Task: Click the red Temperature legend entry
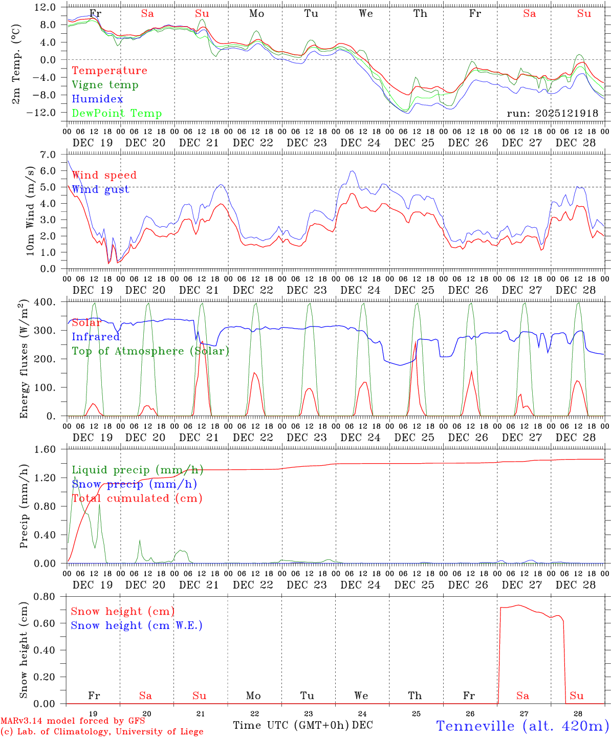point(110,71)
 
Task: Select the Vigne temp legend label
point(105,85)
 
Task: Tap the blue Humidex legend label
point(97,99)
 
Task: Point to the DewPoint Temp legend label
point(117,114)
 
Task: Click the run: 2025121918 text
point(552,114)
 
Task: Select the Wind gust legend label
point(100,189)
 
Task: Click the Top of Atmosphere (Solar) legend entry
point(150,351)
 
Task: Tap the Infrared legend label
point(96,337)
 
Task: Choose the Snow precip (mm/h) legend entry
point(134,484)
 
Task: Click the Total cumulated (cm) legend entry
point(137,498)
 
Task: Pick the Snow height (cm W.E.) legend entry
point(137,625)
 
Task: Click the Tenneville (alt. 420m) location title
point(522,726)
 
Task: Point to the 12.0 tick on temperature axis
point(46,7)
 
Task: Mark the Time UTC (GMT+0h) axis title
point(291,725)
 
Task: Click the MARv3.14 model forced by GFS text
point(73,721)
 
